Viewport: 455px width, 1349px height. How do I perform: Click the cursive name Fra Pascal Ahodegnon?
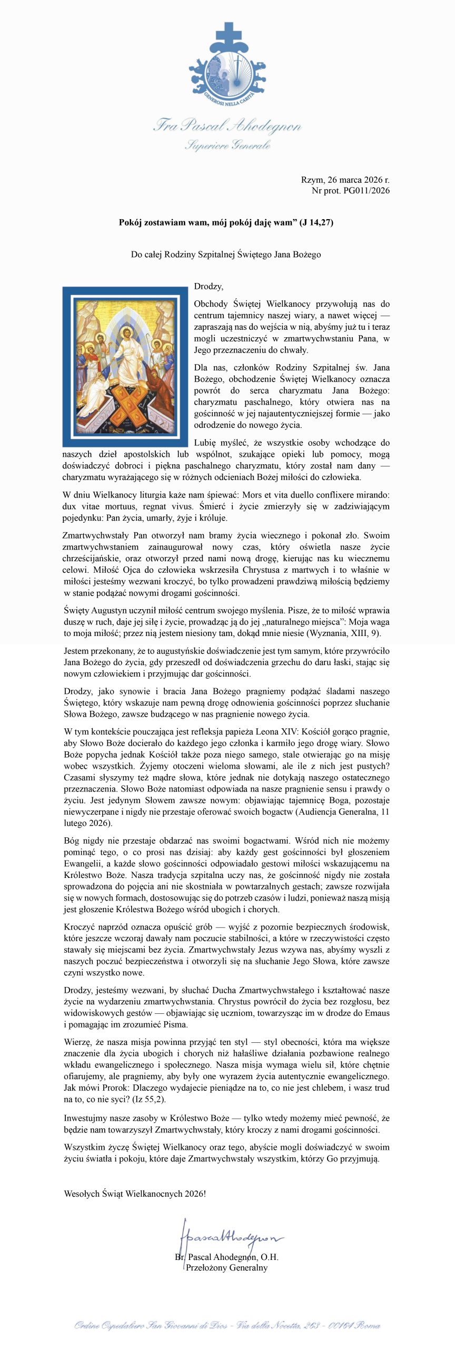tap(227, 125)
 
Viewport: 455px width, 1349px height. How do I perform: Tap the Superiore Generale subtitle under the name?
tap(227, 144)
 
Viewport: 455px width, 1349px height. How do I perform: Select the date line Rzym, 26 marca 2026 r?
tap(345, 180)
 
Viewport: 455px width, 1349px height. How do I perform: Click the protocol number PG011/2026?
tap(367, 190)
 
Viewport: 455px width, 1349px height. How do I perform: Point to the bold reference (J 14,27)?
tap(316, 222)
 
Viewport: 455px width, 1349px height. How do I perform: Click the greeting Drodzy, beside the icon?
tap(209, 286)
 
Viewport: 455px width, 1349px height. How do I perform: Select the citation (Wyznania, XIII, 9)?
tap(344, 633)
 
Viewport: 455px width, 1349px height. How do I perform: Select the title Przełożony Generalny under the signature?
tap(226, 1267)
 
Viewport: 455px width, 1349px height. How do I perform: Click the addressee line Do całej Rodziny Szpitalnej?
tap(226, 254)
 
